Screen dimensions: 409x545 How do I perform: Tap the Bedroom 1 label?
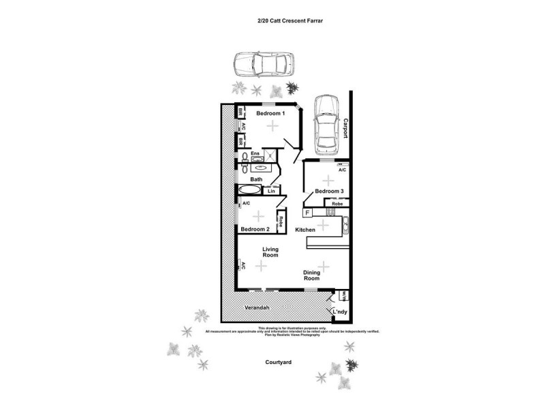[x=270, y=114]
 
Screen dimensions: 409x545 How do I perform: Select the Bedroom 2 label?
[x=254, y=229]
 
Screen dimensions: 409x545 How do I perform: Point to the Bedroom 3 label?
[x=329, y=192]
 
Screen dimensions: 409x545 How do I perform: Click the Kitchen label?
[x=305, y=230]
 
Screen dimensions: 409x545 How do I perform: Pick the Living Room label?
[x=270, y=252]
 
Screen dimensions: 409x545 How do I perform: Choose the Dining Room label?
[x=311, y=275]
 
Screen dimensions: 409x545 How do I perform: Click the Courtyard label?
[x=279, y=363]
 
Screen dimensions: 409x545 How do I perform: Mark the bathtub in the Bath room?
[x=249, y=190]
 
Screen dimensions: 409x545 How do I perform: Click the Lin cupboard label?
[x=271, y=192]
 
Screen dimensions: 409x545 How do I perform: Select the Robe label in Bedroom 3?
[x=337, y=203]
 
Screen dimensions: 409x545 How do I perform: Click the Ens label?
[x=255, y=153]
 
